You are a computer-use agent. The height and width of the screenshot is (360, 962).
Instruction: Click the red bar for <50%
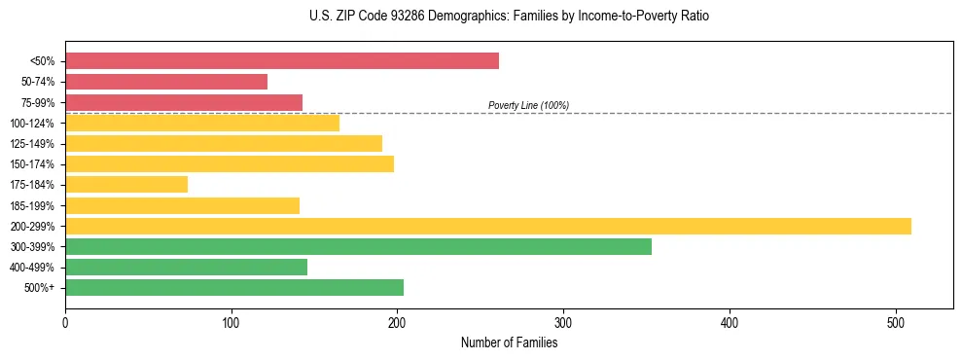(x=281, y=61)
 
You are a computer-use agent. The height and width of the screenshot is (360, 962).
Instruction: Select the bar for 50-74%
(x=165, y=82)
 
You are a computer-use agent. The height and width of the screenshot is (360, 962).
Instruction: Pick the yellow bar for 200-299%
(x=487, y=226)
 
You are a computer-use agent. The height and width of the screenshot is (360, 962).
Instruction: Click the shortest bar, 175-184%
(x=125, y=185)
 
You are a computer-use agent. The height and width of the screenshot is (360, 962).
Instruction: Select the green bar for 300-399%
(x=358, y=246)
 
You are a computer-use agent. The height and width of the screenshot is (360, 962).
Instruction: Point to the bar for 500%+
(x=233, y=287)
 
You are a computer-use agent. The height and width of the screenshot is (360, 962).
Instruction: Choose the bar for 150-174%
(x=229, y=163)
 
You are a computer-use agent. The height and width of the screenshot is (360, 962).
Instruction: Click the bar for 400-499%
(x=186, y=267)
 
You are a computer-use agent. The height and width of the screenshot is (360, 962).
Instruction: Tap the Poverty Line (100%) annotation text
(x=528, y=105)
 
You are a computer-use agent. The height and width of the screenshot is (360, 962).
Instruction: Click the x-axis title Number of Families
(x=509, y=342)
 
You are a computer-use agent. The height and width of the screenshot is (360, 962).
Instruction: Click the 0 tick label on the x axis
(x=65, y=322)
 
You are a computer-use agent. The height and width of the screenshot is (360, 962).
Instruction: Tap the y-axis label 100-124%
(x=32, y=124)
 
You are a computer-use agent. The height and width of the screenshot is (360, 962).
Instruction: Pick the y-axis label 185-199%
(x=32, y=205)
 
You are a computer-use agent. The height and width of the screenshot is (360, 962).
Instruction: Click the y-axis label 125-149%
(x=32, y=144)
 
